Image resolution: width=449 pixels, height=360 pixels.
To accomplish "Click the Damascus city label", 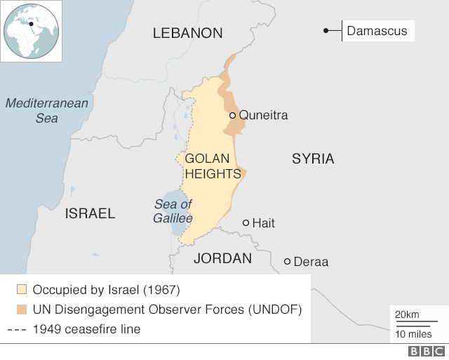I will tap(376, 32).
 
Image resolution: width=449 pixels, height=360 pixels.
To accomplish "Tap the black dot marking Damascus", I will tap(326, 30).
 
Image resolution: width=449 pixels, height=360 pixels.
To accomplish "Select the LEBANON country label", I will tap(187, 33).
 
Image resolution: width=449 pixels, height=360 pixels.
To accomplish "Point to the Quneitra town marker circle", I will tap(232, 115).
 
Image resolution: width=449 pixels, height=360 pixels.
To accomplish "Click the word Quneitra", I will tap(263, 115).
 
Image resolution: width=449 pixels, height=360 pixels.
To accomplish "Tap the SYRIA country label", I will tap(313, 159).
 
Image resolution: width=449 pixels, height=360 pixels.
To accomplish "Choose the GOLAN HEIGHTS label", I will tap(213, 166).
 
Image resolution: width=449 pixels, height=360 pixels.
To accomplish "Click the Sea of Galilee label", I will tap(173, 211).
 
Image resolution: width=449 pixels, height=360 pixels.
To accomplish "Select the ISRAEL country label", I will tap(90, 213).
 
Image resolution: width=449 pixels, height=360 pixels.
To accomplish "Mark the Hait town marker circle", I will tap(246, 222).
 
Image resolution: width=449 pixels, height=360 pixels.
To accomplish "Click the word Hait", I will tap(264, 223).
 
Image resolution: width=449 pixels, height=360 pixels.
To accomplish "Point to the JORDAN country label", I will tap(222, 258).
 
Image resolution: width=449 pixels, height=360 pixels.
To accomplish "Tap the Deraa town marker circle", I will tap(287, 262).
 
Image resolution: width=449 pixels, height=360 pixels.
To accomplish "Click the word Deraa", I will tap(311, 262).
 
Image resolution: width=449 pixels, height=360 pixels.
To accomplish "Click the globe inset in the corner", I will tap(32, 32).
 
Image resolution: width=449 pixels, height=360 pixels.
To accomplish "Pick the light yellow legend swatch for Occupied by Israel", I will tap(22, 289).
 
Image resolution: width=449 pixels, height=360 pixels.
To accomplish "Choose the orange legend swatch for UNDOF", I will tap(22, 309).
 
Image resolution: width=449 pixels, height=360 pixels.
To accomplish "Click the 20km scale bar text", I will tap(407, 313).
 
